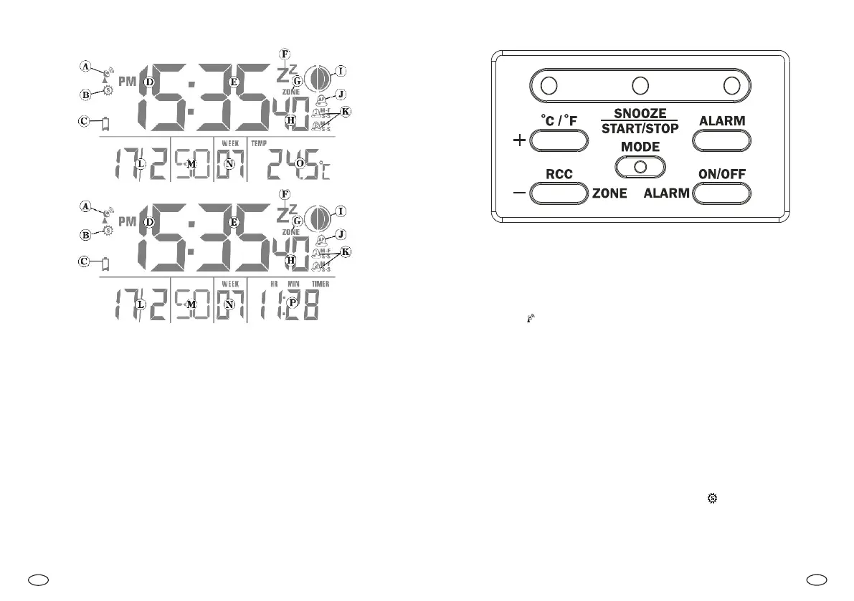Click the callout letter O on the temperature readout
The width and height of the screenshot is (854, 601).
[300, 164]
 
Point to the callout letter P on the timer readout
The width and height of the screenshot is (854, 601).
[292, 303]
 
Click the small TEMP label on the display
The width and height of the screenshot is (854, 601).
[258, 143]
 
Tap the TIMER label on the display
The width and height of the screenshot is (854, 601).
[321, 283]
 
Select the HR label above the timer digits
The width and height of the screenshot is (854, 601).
[274, 283]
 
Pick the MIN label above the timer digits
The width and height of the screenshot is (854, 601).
[294, 283]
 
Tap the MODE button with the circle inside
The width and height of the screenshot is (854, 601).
[640, 166]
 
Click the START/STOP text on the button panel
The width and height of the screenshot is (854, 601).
[640, 129]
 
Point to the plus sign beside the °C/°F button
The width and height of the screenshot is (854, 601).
[519, 141]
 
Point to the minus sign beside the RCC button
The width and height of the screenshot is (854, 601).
[519, 193]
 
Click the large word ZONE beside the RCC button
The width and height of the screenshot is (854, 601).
[609, 193]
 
